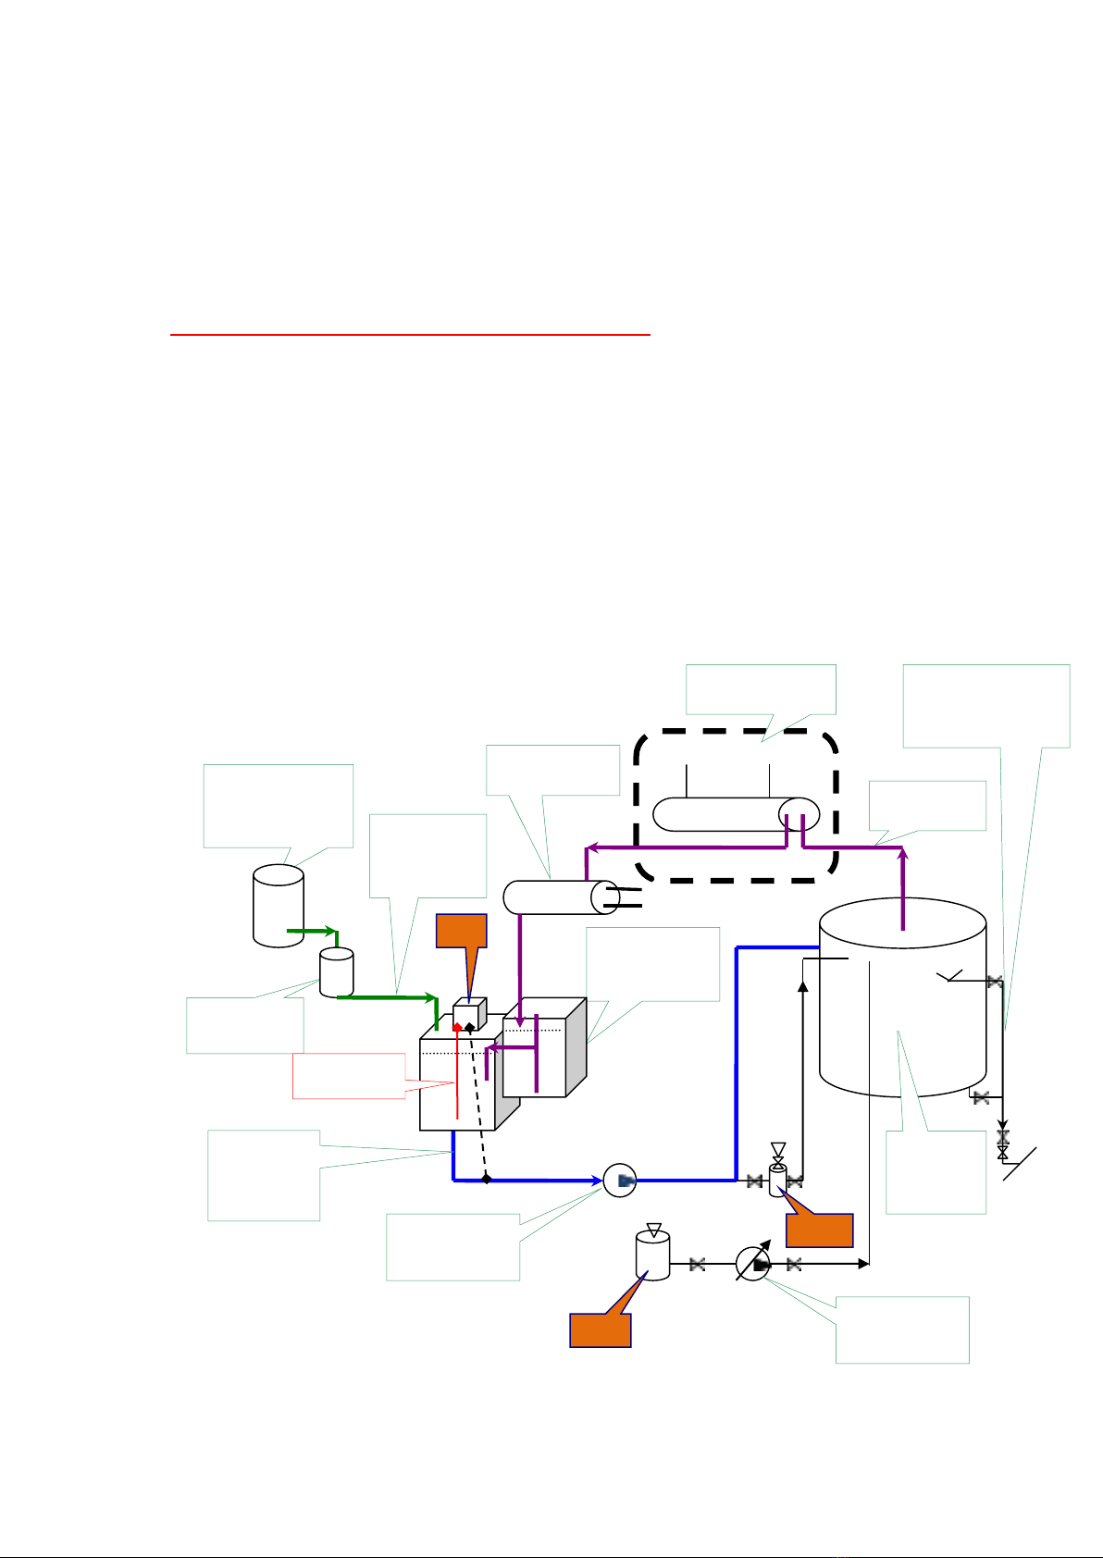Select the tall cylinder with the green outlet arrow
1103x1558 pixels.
(x=279, y=905)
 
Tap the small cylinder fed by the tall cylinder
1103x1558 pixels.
(x=336, y=971)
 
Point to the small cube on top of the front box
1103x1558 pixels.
(x=468, y=1014)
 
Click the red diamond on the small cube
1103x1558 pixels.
(x=457, y=1027)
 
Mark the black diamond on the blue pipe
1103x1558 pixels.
(x=487, y=1179)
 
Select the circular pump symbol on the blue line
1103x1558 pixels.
(x=620, y=1180)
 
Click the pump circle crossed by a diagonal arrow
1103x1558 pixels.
(x=753, y=1265)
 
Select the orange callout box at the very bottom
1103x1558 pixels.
(x=600, y=1330)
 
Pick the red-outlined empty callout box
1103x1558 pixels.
(x=349, y=1075)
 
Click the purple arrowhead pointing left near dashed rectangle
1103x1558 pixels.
(x=593, y=847)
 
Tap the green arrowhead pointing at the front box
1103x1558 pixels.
(x=432, y=997)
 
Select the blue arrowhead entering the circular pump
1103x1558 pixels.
(x=597, y=1180)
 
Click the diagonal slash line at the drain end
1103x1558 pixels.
(x=1022, y=1163)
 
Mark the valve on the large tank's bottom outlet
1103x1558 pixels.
(x=982, y=1097)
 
